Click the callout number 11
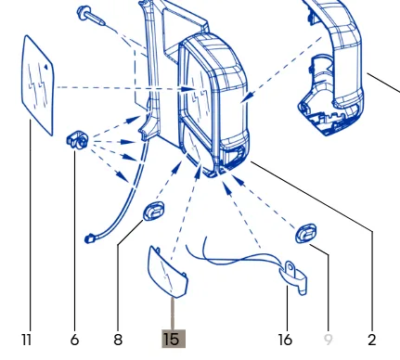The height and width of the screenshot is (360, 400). click(x=27, y=340)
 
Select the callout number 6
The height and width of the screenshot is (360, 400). click(x=74, y=340)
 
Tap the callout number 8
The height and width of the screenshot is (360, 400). click(x=118, y=340)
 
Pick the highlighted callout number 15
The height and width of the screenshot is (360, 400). click(x=174, y=339)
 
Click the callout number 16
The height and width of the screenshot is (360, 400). click(x=285, y=340)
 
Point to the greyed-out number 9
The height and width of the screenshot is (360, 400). click(x=328, y=340)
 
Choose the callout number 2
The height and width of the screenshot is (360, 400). click(x=372, y=340)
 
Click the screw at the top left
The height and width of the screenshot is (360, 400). click(x=91, y=16)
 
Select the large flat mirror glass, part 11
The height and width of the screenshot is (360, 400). click(x=38, y=85)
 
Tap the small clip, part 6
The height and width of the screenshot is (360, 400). click(x=77, y=141)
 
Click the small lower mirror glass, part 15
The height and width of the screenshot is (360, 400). click(x=168, y=272)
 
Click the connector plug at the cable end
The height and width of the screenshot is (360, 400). click(x=89, y=238)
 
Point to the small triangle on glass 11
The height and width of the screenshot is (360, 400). click(x=45, y=66)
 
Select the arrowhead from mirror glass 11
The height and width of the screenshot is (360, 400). click(x=188, y=89)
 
